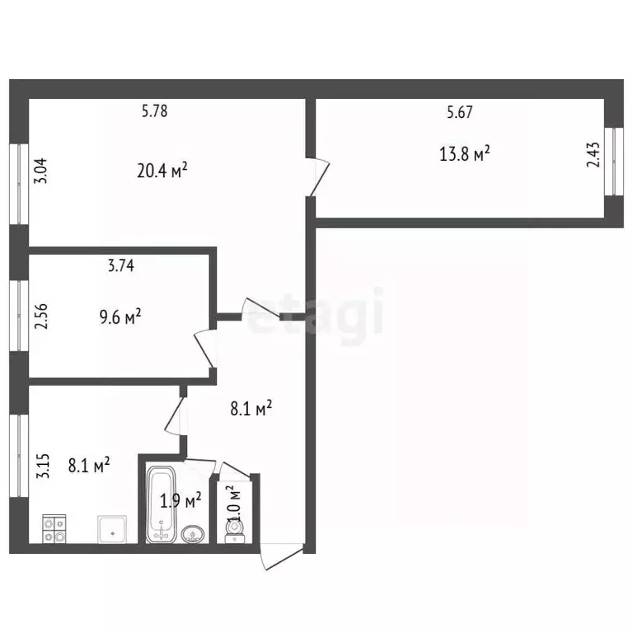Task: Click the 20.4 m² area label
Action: pyautogui.click(x=162, y=170)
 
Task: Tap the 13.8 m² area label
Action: pyautogui.click(x=464, y=154)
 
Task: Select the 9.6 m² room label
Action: pyautogui.click(x=120, y=316)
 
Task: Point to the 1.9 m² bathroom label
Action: pyautogui.click(x=181, y=500)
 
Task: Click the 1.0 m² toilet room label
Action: pyautogui.click(x=234, y=503)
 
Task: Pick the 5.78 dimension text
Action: pyautogui.click(x=154, y=110)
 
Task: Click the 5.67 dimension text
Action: pyautogui.click(x=459, y=112)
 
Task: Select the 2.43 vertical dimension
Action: pyautogui.click(x=593, y=155)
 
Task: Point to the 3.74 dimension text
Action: pyautogui.click(x=120, y=265)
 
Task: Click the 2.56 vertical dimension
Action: pyautogui.click(x=40, y=316)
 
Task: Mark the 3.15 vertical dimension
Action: pyautogui.click(x=42, y=467)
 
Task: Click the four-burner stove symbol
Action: pyautogui.click(x=54, y=529)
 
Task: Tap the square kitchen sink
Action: pyautogui.click(x=112, y=529)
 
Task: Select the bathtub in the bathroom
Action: pyautogui.click(x=161, y=504)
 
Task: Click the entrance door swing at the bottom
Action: pyautogui.click(x=281, y=556)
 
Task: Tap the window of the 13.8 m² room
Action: pyautogui.click(x=614, y=162)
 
